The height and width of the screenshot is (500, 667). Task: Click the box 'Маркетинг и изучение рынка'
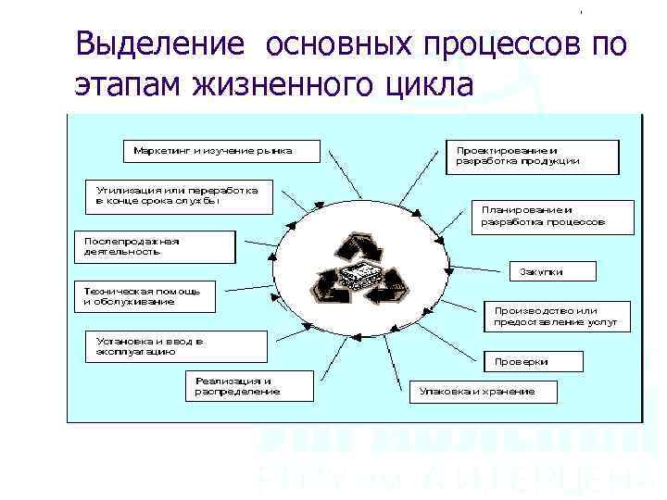tap(220, 150)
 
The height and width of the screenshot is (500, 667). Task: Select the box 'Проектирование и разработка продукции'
tap(534, 156)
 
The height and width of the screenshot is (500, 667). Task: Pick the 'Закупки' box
tap(549, 271)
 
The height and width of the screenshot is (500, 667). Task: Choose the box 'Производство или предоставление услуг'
tap(555, 317)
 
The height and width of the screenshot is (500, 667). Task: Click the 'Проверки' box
tap(535, 361)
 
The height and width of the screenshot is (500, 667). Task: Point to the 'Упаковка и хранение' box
tap(484, 392)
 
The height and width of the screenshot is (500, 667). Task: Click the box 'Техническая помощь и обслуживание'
tap(144, 296)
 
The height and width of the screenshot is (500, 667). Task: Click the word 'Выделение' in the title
tap(160, 44)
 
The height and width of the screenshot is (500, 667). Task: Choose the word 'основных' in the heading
tap(340, 44)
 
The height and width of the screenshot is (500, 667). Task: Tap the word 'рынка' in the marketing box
tap(274, 150)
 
